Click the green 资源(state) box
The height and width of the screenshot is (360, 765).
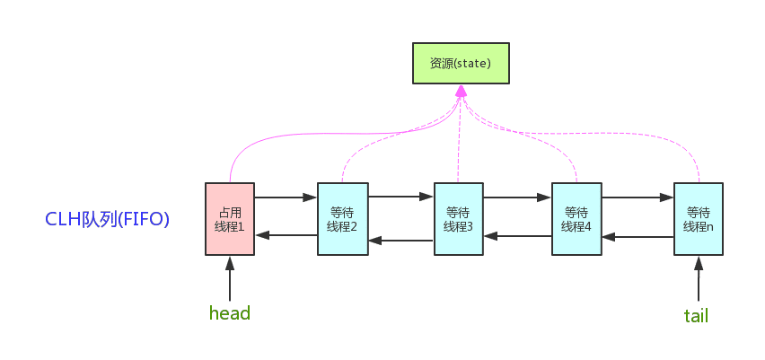pyautogui.click(x=461, y=64)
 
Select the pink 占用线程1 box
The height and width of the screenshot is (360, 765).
pyautogui.click(x=230, y=219)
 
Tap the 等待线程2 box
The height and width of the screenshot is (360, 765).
pyautogui.click(x=342, y=219)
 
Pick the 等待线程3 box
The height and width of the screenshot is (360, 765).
pyautogui.click(x=458, y=219)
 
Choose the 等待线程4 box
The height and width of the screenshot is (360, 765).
pyautogui.click(x=576, y=219)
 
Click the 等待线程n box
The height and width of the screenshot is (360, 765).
pyautogui.click(x=698, y=219)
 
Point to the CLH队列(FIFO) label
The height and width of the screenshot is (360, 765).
pyautogui.click(x=107, y=219)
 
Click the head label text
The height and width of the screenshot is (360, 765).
pyautogui.click(x=229, y=313)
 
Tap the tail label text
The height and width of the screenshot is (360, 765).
pyautogui.click(x=697, y=315)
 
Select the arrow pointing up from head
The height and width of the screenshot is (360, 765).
pyautogui.click(x=230, y=278)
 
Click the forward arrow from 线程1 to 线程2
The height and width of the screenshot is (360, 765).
pyautogui.click(x=286, y=196)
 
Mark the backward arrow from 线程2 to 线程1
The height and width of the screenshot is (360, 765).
pyautogui.click(x=286, y=235)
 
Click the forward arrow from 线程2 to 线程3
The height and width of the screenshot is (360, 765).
pyautogui.click(x=400, y=196)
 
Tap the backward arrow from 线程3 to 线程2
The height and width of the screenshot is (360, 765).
pyautogui.click(x=400, y=240)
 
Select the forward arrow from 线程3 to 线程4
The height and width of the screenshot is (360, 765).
pyautogui.click(x=517, y=196)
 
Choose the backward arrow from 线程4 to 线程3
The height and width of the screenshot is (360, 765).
pyautogui.click(x=517, y=236)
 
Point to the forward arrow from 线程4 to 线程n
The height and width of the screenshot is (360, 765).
pyautogui.click(x=637, y=196)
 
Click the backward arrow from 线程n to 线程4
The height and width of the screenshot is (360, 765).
pyautogui.click(x=637, y=237)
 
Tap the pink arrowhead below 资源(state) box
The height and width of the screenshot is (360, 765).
pyautogui.click(x=461, y=92)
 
